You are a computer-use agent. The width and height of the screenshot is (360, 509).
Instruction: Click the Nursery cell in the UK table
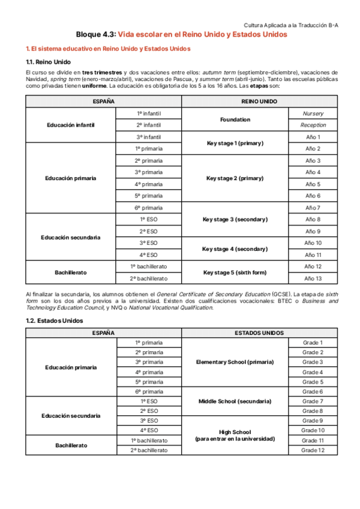pos(313,113)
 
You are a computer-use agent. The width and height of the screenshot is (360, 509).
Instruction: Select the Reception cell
pos(313,125)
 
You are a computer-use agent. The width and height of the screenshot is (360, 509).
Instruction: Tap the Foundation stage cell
pos(235,119)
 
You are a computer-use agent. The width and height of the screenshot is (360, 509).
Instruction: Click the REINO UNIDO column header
pos(259,101)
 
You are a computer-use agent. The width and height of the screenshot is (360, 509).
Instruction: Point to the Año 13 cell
pos(313,278)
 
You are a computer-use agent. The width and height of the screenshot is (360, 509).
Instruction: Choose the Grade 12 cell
pos(313,450)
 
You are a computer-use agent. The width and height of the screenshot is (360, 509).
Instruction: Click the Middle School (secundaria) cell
pos(235,401)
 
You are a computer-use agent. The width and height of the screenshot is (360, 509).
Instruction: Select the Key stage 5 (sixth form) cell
pos(235,273)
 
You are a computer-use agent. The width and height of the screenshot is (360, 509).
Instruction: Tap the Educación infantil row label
pos(71,125)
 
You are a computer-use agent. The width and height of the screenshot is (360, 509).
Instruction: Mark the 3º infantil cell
pos(149,137)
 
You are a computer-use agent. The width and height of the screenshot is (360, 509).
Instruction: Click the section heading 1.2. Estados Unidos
pos(51,321)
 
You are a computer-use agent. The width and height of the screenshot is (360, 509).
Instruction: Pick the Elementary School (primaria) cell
pos(235,362)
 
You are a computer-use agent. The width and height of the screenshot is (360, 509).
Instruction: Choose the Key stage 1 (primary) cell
pos(235,143)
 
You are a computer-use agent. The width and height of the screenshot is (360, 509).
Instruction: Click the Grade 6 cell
pos(313,391)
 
